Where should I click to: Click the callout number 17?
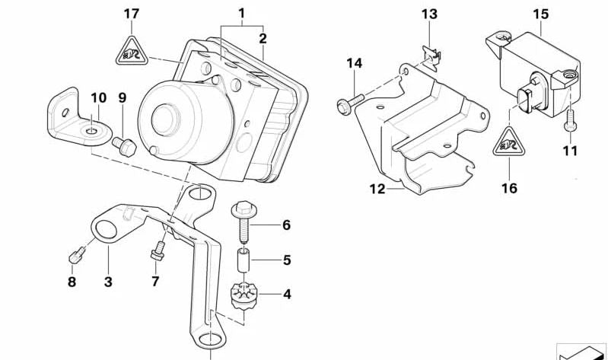pos(131,13)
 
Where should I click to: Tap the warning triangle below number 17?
pos(131,50)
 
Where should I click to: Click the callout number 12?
pos(378,190)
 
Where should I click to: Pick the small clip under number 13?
pos(430,52)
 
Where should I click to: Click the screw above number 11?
pos(568,120)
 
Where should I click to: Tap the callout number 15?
pos(540,13)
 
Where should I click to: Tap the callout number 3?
pos(108,282)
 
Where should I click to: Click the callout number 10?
pos(98,97)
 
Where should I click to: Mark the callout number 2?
pos(262,38)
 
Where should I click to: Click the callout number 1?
pos(241,13)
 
